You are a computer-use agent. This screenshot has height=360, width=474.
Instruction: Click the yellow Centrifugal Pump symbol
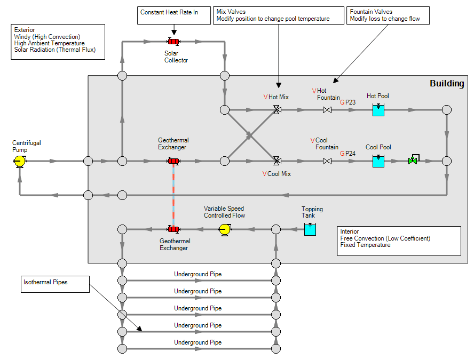pyautogui.click(x=20, y=161)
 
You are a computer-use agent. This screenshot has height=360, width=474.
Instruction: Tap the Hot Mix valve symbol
pyautogui.click(x=276, y=110)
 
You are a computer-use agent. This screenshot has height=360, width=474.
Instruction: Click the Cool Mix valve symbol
pyautogui.click(x=276, y=161)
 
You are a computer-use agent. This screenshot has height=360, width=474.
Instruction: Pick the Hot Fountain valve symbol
pyautogui.click(x=327, y=110)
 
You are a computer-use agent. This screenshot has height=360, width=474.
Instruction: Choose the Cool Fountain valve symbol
pyautogui.click(x=327, y=161)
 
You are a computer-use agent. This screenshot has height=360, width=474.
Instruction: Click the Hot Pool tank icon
pyautogui.click(x=378, y=109)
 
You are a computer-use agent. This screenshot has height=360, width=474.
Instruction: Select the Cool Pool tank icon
pyautogui.click(x=378, y=160)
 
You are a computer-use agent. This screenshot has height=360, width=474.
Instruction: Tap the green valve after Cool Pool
pyautogui.click(x=413, y=160)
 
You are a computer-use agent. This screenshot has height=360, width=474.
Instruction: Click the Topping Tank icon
pyautogui.click(x=310, y=229)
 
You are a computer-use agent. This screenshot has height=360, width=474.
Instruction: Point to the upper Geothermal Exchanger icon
pyautogui.click(x=173, y=161)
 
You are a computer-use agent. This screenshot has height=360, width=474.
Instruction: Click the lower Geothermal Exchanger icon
pyautogui.click(x=173, y=229)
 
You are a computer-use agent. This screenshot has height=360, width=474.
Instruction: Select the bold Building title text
pyautogui.click(x=447, y=84)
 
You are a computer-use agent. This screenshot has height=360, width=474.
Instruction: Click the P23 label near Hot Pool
pyautogui.click(x=350, y=102)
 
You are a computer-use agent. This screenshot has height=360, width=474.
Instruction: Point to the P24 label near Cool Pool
pyautogui.click(x=350, y=153)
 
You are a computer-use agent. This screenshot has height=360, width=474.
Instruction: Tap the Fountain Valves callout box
pyautogui.click(x=388, y=15)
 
